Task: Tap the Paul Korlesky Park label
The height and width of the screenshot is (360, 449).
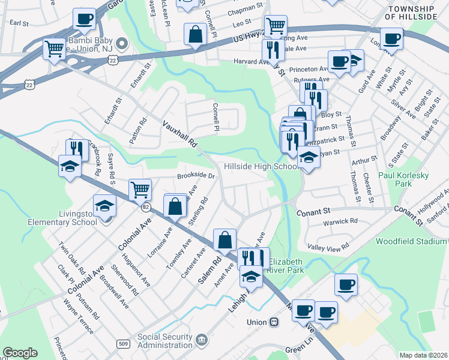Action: (x=403, y=180)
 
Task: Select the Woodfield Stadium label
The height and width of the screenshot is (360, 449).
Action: (x=412, y=241)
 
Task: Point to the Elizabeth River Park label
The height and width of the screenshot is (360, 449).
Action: (x=286, y=266)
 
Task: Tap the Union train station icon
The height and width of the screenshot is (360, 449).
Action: (x=274, y=322)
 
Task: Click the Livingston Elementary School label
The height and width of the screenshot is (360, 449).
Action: (x=65, y=218)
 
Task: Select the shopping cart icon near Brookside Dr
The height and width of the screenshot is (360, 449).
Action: (x=140, y=190)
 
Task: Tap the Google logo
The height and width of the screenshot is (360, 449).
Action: (x=20, y=353)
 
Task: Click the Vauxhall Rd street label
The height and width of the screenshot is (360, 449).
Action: (x=179, y=134)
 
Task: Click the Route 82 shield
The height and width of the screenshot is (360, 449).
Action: (x=145, y=207)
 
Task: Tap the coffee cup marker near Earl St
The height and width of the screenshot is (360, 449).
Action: (x=85, y=19)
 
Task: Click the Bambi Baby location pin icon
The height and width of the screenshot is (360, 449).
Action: (x=122, y=43)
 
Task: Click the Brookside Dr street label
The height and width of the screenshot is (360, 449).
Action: (x=196, y=176)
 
